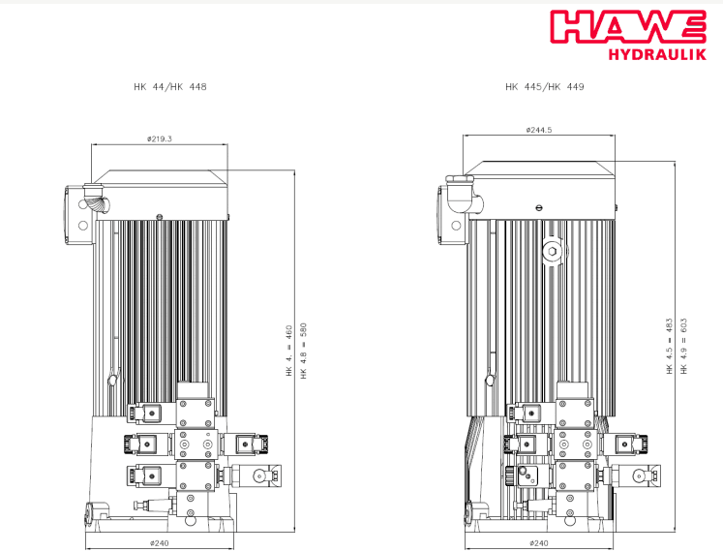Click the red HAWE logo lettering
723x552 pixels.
628,26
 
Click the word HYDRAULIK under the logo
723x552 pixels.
657,54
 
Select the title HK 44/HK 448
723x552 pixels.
170,87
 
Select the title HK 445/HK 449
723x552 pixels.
545,87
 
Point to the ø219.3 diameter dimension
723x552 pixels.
160,138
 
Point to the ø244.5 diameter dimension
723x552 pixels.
538,130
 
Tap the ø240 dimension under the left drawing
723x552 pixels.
159,542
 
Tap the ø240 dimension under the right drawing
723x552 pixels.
538,542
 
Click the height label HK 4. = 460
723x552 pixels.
289,351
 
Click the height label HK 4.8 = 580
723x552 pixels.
303,351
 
